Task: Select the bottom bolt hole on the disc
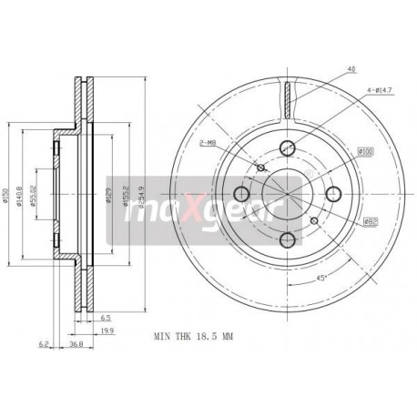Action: coord(287,239)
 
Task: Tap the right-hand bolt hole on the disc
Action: coord(333,193)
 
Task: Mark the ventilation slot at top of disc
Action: coord(287,97)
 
